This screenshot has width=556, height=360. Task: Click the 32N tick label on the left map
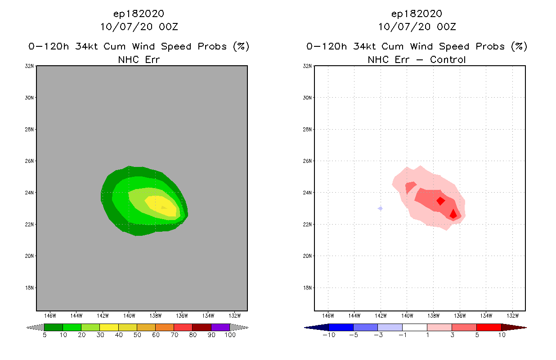click(30, 66)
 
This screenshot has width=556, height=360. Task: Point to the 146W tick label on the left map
click(50, 315)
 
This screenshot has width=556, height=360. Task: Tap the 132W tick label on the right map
click(513, 315)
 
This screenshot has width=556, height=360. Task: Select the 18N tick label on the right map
click(308, 288)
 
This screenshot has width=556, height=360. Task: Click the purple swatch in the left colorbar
click(220, 327)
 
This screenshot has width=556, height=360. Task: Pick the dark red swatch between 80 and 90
click(202, 327)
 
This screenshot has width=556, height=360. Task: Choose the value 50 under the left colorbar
click(137, 335)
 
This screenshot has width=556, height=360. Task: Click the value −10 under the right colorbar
click(328, 335)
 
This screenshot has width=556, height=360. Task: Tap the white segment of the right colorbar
click(414, 327)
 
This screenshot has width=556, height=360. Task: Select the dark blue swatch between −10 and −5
click(341, 327)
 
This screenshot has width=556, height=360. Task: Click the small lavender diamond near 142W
click(381, 208)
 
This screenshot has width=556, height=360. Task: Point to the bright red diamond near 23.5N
click(440, 201)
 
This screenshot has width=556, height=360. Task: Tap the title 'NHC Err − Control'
click(417, 59)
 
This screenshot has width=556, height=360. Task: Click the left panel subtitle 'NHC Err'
click(139, 59)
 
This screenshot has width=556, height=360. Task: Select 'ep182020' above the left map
click(139, 13)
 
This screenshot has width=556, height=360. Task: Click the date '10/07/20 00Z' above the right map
click(417, 27)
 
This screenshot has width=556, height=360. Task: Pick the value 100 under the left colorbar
click(230, 335)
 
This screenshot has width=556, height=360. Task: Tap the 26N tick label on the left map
click(30, 161)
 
